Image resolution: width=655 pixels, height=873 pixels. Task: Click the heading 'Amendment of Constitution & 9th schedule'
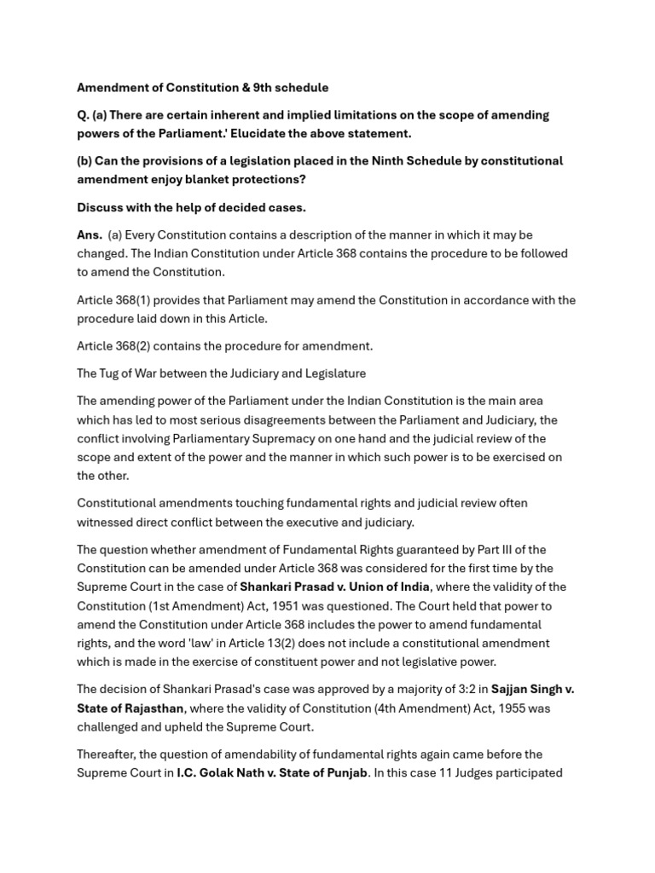coord(202,88)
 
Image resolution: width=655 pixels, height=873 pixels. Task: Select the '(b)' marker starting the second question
coord(84,161)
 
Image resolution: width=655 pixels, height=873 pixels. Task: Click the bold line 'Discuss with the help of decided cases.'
coord(191,207)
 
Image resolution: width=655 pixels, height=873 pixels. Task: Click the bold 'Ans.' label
coord(90,235)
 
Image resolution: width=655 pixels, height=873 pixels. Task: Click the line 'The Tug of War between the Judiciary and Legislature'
coord(221,373)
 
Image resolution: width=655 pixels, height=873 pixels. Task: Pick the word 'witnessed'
coord(105,522)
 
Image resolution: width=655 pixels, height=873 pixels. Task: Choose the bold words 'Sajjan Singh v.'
coord(532,689)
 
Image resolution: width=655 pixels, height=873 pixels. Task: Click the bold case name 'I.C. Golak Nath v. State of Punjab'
coord(272,772)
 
